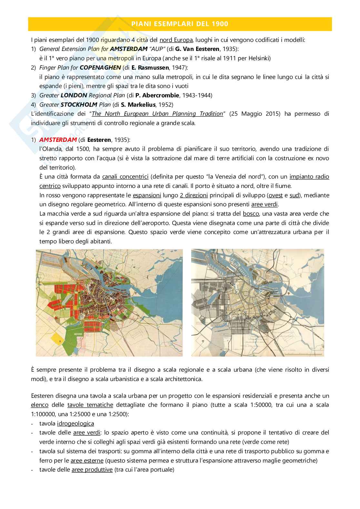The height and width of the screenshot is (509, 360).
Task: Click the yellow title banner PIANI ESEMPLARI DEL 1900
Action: pos(180,24)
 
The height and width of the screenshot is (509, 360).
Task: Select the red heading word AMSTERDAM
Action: pos(58,140)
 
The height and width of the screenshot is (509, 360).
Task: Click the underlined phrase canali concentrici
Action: pos(125,177)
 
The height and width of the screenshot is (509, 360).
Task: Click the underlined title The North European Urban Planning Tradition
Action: pos(157,114)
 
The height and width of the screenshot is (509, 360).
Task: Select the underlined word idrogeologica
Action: pos(75,423)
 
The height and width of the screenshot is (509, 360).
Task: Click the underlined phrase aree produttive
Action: pos(92,470)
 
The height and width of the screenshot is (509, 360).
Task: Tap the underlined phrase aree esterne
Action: pos(87,460)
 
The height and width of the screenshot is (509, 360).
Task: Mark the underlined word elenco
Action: pos(40,405)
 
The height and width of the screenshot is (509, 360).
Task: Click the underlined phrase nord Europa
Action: pos(176,40)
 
